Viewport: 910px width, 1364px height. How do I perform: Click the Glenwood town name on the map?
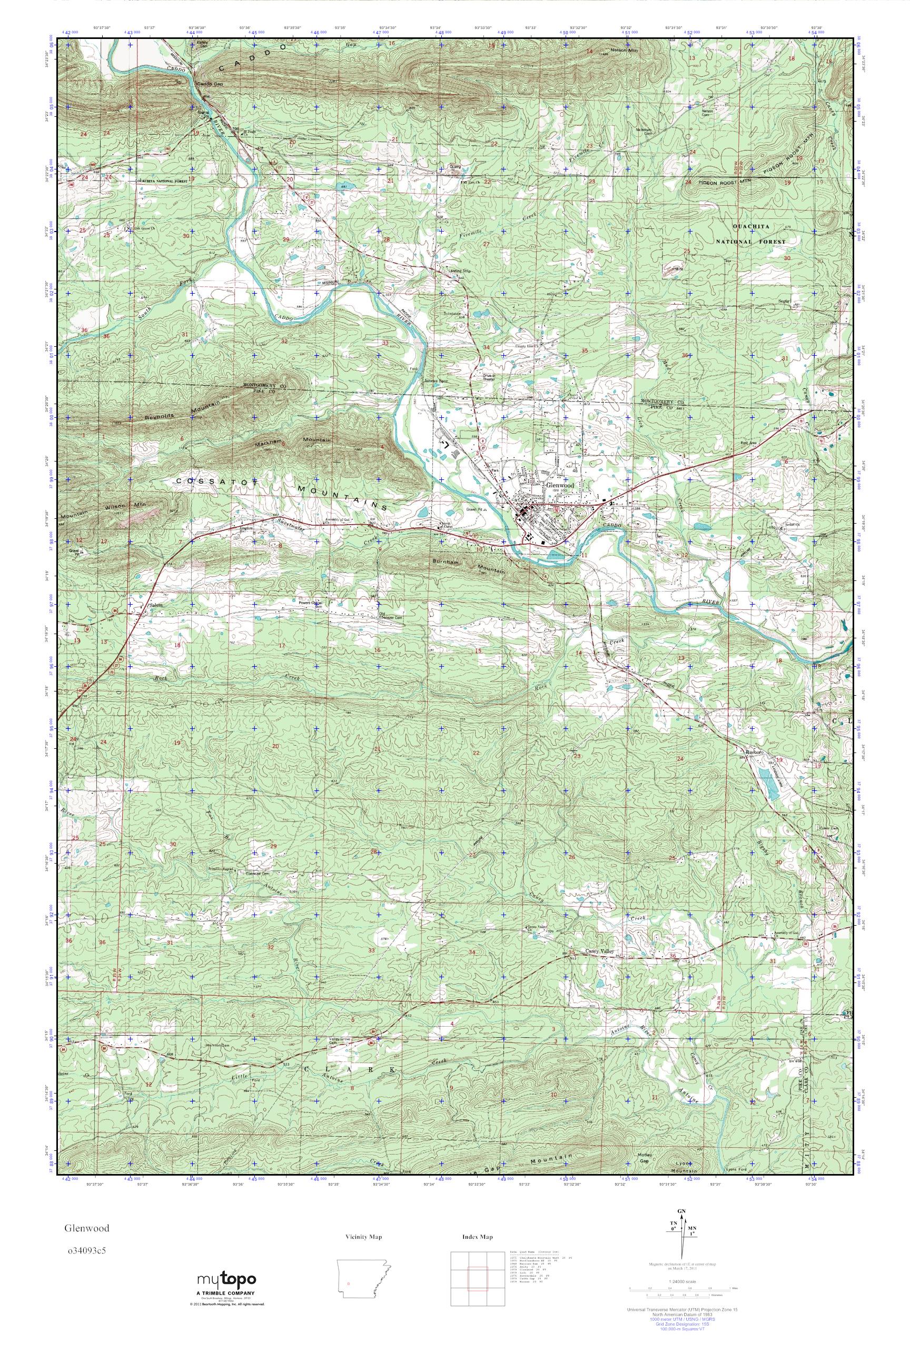pyautogui.click(x=559, y=485)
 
